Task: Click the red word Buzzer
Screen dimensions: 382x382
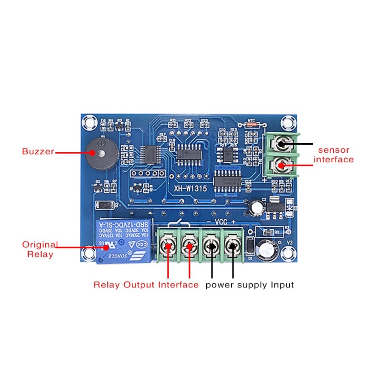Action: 38,152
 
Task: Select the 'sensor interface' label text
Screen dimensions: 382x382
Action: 334,155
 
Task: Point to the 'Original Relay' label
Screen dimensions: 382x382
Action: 40,249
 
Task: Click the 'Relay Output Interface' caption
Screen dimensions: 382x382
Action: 146,285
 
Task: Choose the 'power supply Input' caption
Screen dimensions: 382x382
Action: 250,285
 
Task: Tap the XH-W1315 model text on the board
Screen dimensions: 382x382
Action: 190,189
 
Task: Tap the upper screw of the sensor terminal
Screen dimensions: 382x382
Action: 282,144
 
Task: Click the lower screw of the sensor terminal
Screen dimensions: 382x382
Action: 282,166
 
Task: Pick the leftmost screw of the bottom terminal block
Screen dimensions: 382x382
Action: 168,247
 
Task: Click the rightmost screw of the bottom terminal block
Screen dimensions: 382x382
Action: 233,247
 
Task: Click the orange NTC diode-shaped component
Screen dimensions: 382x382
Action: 252,125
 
